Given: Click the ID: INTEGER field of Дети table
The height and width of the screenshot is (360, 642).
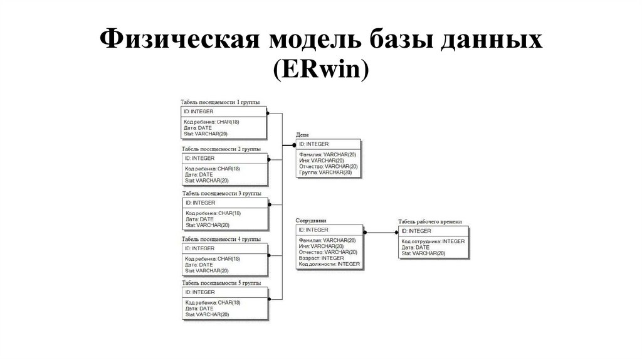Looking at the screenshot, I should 314,144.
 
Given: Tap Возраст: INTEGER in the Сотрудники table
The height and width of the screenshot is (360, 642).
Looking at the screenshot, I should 322,258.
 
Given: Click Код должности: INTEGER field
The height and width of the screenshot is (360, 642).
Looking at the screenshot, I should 329,264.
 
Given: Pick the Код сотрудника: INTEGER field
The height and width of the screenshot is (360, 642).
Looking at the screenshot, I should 433,241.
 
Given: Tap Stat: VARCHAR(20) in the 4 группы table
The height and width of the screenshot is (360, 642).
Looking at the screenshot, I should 207,270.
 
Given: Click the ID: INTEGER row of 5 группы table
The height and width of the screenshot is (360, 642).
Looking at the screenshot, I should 200,292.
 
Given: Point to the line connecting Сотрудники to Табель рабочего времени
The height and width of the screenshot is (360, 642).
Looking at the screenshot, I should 381,232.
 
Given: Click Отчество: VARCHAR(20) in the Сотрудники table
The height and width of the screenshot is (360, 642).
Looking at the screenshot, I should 328,252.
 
